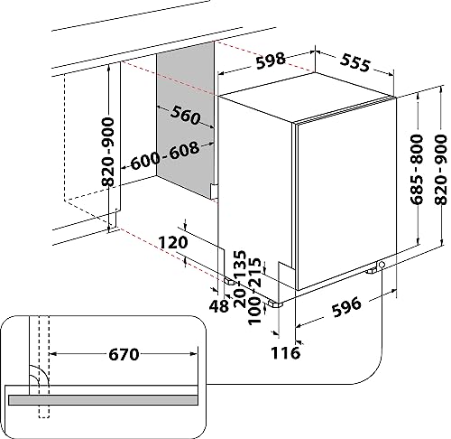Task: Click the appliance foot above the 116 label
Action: (281, 304)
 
